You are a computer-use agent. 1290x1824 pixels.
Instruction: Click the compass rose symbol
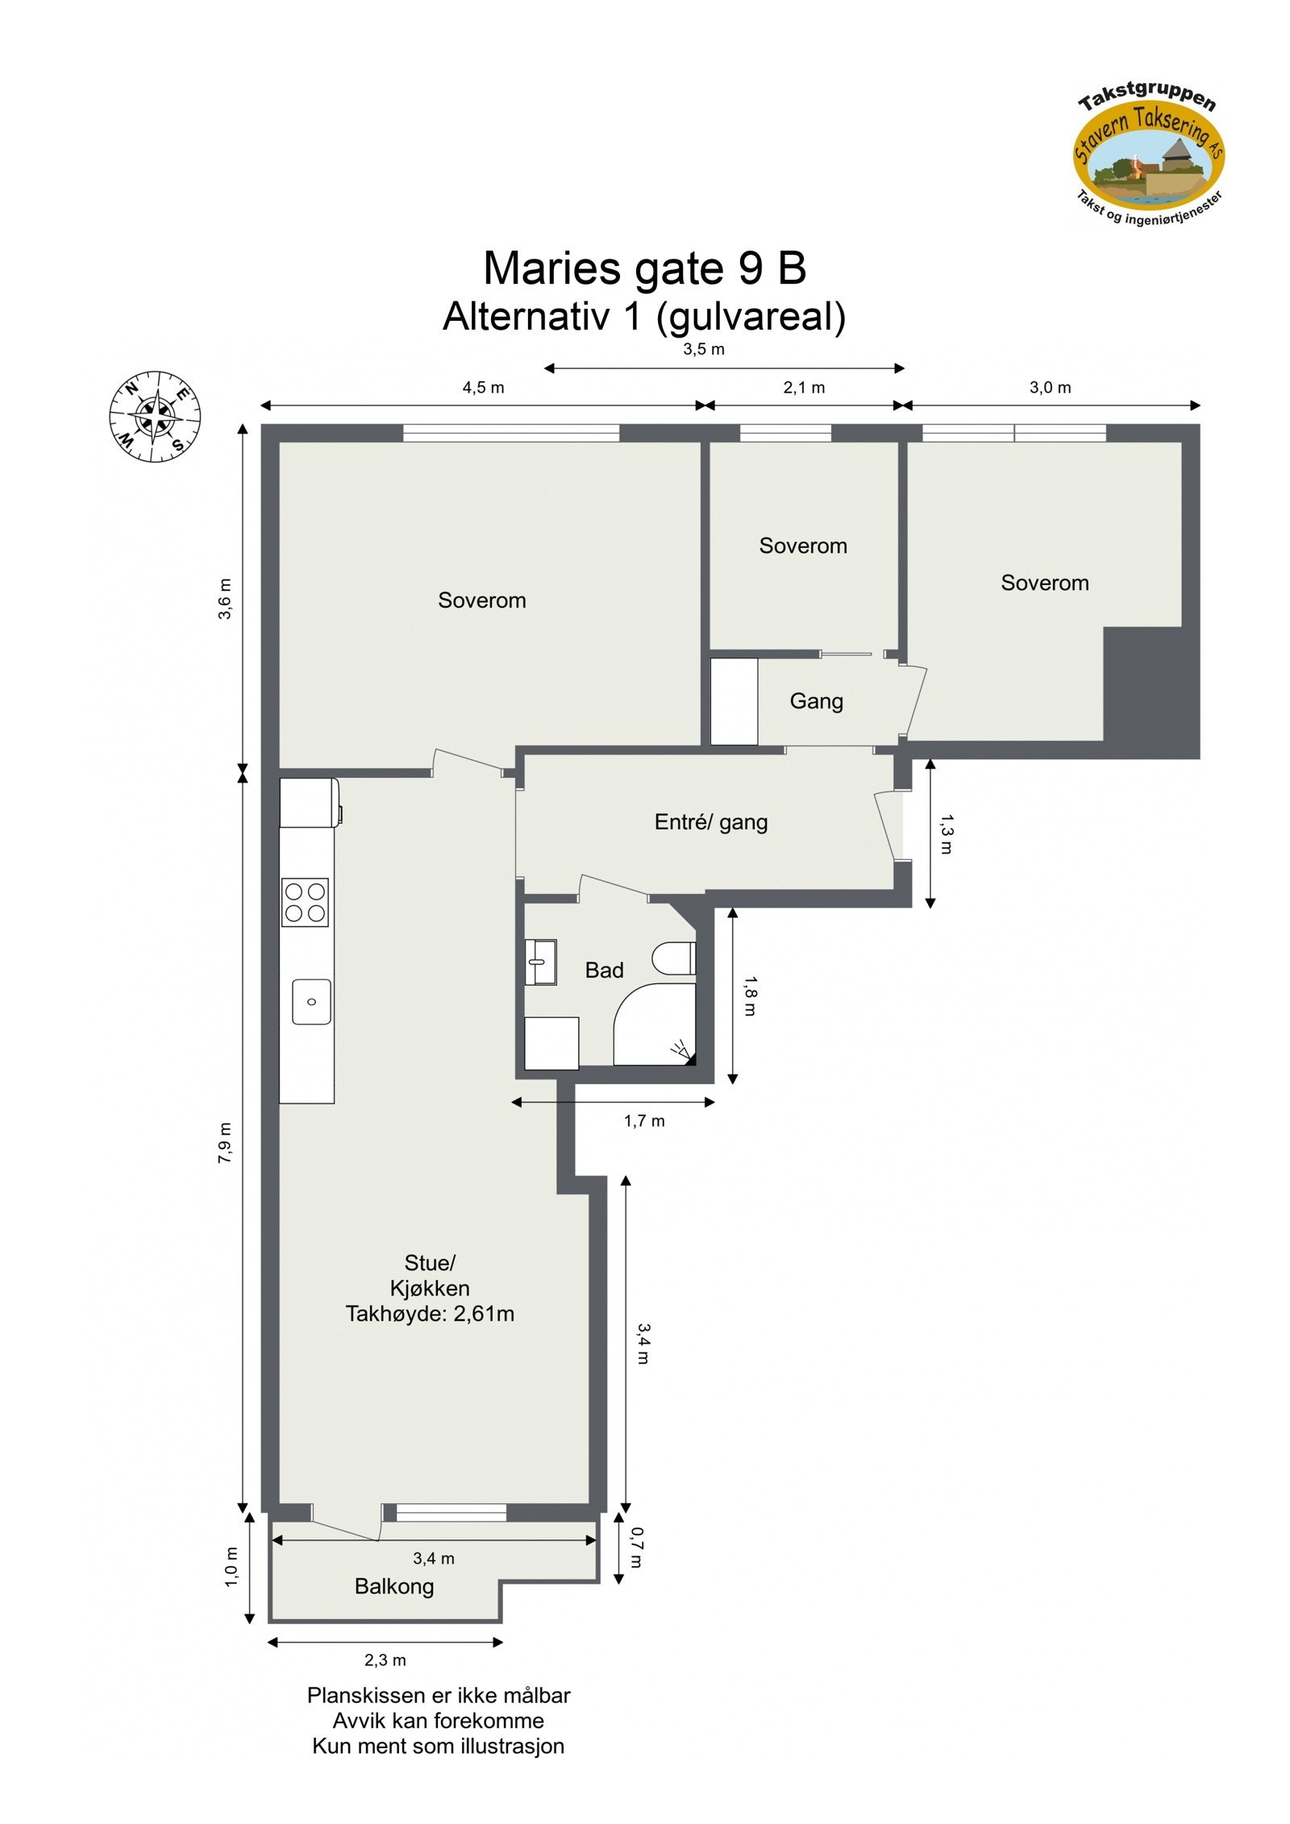pos(155,417)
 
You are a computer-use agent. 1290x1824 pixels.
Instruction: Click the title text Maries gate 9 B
pos(644,268)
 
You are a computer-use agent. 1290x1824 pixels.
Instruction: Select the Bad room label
pos(604,970)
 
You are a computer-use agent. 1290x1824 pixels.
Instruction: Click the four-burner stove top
pos(305,902)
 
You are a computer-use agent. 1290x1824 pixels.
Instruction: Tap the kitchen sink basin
pos(311,1002)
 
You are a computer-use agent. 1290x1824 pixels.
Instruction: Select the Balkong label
pos(394,1586)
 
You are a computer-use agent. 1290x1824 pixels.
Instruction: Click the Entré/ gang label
pos(710,822)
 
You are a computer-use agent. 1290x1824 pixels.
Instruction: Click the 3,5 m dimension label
pos(704,349)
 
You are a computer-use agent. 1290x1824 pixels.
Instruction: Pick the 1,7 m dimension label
pos(644,1121)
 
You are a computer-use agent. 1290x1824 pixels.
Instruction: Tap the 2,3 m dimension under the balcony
pos(385,1660)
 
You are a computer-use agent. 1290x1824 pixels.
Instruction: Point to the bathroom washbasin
pos(540,962)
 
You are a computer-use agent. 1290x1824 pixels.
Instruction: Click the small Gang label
pos(816,701)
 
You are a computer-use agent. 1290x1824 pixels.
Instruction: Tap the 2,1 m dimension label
pos(804,388)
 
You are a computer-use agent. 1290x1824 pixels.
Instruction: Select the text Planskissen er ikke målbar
pos(439,1695)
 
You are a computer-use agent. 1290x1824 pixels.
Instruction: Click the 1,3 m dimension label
pos(946,834)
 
